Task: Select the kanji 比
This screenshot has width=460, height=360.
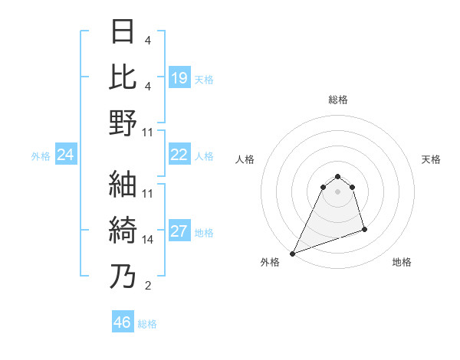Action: (x=123, y=77)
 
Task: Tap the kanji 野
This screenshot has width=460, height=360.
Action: (x=123, y=123)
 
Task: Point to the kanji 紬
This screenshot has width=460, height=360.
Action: (x=123, y=185)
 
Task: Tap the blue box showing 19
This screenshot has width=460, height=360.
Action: (x=179, y=77)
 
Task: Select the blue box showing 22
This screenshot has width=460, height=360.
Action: (x=179, y=155)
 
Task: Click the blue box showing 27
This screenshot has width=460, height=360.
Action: (x=179, y=231)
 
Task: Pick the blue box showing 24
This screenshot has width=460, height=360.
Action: (x=65, y=155)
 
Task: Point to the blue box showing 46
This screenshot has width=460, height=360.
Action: (x=122, y=322)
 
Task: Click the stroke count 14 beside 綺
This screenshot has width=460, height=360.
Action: (x=148, y=239)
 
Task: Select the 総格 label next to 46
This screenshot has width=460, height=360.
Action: (x=147, y=324)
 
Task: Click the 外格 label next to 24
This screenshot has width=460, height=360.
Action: (x=41, y=156)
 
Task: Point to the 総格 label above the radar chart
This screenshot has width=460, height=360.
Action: (x=337, y=100)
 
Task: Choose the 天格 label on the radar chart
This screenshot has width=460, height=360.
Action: (x=431, y=159)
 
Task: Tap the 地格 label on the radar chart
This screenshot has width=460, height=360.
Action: (x=402, y=262)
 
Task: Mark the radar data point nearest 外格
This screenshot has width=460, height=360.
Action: (x=292, y=253)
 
